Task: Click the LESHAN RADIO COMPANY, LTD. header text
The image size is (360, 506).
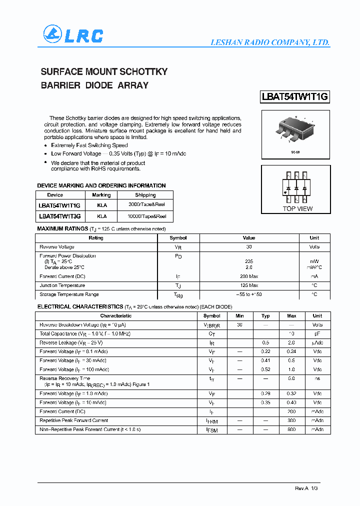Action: click(269, 43)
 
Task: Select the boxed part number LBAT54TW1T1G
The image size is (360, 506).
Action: click(295, 97)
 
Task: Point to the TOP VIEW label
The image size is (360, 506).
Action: click(297, 208)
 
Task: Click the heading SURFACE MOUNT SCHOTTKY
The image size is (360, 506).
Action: click(104, 71)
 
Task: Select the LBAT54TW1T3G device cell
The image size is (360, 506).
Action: click(59, 216)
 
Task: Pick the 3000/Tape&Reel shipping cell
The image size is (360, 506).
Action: click(147, 204)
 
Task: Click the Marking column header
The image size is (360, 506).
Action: click(101, 195)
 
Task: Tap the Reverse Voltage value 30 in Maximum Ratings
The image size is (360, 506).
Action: click(249, 247)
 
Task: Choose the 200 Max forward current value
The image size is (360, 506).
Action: click(249, 276)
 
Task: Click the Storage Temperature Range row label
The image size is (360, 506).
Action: click(69, 294)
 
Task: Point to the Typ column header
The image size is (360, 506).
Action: click(265, 316)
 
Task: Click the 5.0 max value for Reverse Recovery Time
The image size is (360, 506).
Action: click(291, 379)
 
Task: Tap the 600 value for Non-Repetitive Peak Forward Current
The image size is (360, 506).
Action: click(291, 429)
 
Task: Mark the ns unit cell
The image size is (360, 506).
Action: click(317, 379)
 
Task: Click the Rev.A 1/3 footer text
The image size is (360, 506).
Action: click(306, 488)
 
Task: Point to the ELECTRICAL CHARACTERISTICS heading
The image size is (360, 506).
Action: click(80, 306)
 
